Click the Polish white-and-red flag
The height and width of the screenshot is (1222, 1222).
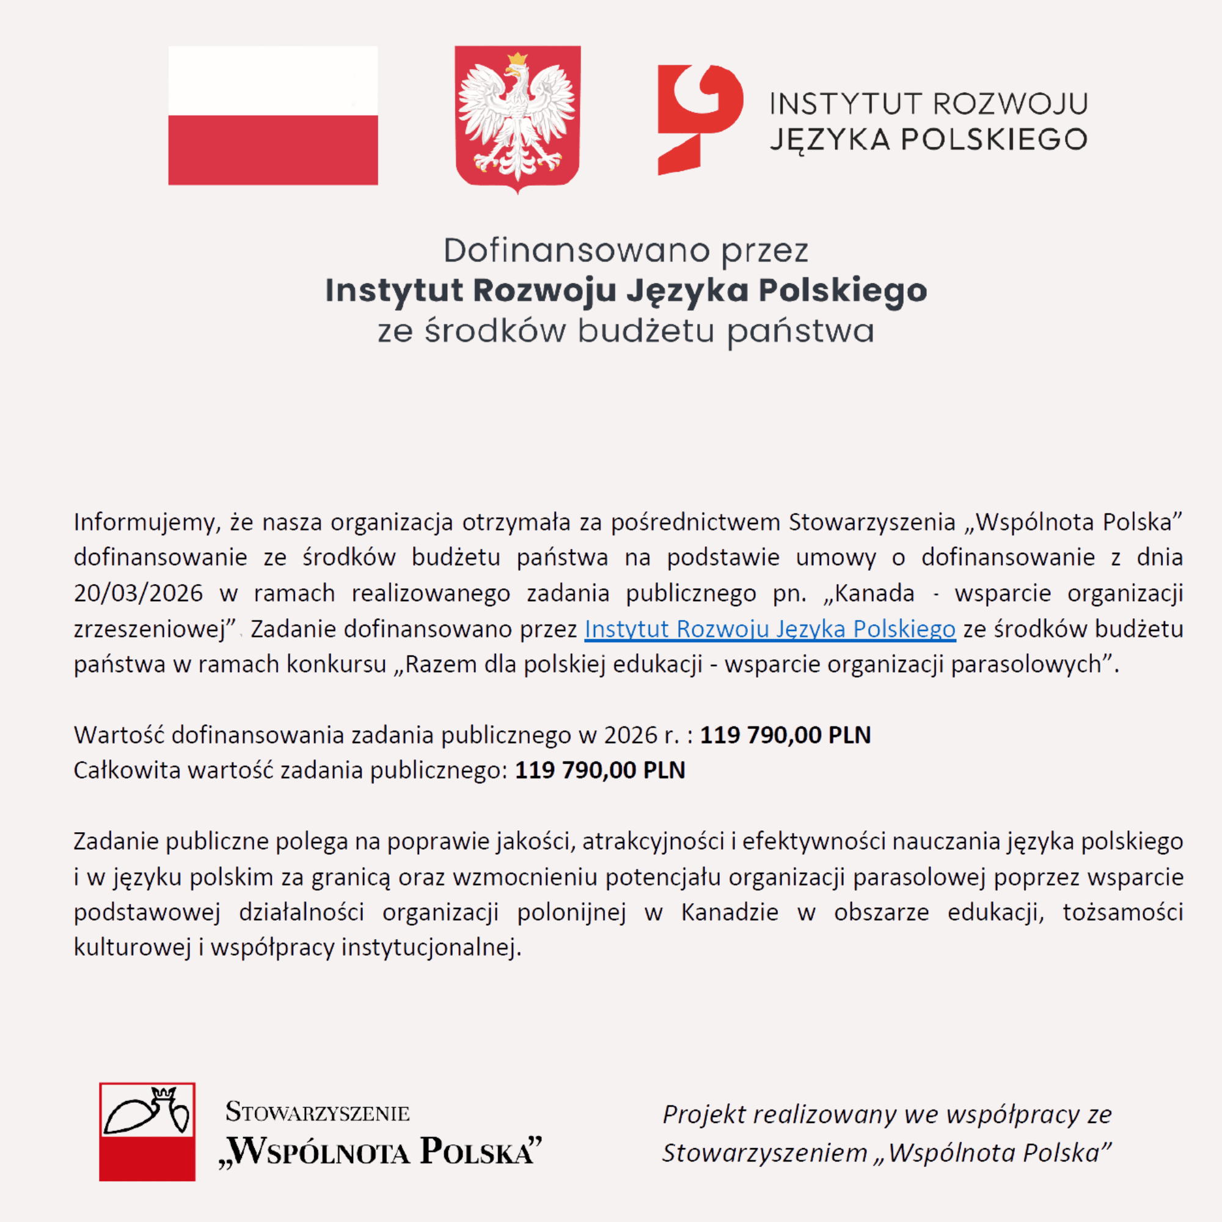pyautogui.click(x=273, y=115)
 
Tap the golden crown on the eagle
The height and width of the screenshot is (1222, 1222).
pyautogui.click(x=518, y=59)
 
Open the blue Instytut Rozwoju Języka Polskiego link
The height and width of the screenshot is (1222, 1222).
pyautogui.click(x=769, y=629)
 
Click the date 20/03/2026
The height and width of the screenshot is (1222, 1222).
pyautogui.click(x=138, y=593)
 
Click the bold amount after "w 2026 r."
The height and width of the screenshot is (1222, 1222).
pyautogui.click(x=785, y=735)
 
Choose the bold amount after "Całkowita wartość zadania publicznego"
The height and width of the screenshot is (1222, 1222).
pyautogui.click(x=599, y=770)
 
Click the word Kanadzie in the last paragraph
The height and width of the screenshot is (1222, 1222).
pyautogui.click(x=730, y=912)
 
